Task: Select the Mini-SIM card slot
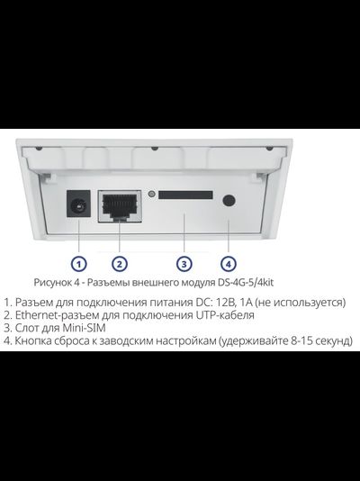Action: point(186,195)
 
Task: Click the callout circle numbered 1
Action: point(79,264)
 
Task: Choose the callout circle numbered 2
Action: point(119,264)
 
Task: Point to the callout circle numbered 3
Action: point(183,264)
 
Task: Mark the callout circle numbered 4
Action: point(229,264)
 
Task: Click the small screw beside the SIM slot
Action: point(152,195)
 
